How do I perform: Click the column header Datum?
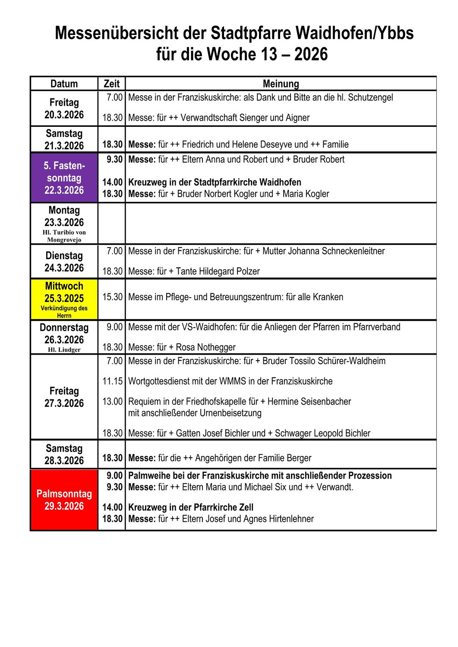(64, 84)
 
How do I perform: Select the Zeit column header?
(111, 84)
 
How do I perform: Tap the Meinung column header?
(281, 84)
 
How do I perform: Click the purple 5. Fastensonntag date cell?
(64, 178)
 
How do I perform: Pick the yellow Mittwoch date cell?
(64, 299)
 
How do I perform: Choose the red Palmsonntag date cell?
(64, 500)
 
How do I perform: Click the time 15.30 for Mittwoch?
(112, 297)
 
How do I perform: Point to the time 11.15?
(112, 381)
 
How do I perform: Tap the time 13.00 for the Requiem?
(112, 402)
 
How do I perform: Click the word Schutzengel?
(370, 97)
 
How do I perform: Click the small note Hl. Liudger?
(64, 350)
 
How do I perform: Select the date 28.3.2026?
(64, 461)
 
